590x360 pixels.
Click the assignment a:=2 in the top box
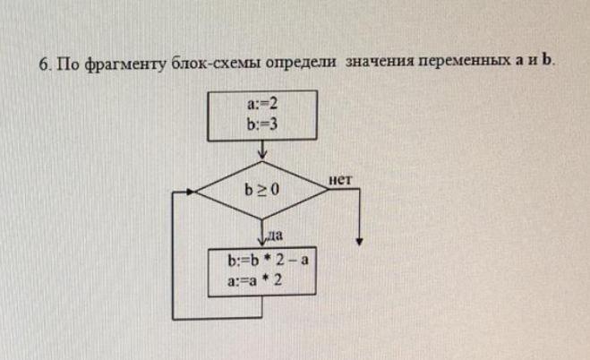click(x=262, y=107)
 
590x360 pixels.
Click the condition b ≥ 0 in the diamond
click(x=262, y=191)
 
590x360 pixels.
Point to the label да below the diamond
click(x=275, y=236)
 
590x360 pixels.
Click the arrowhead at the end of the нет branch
click(x=359, y=240)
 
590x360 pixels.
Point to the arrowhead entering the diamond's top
click(x=262, y=159)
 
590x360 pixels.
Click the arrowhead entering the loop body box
click(x=262, y=244)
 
